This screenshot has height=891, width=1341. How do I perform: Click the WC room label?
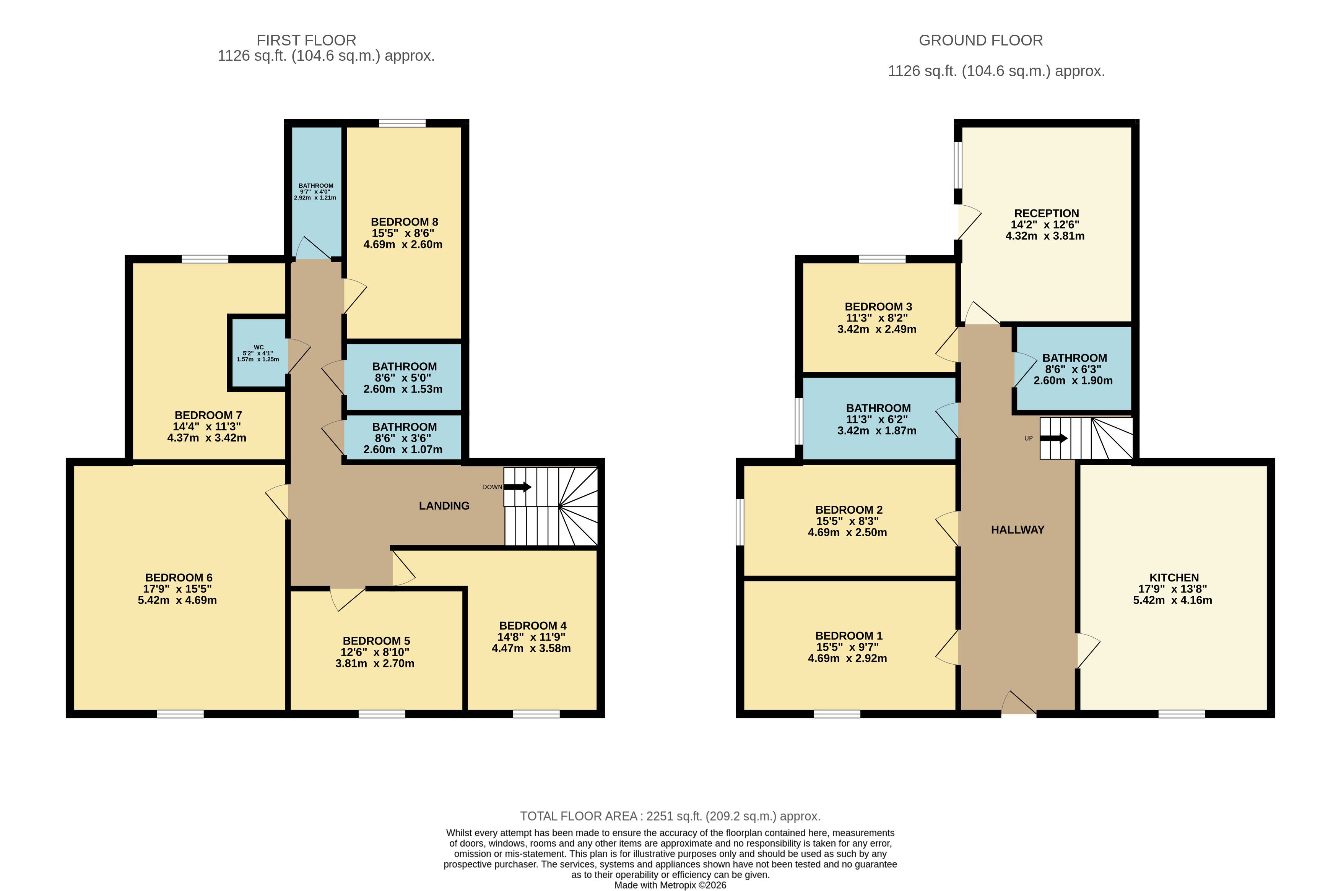(258, 347)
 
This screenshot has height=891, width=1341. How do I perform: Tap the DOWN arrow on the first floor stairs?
(517, 487)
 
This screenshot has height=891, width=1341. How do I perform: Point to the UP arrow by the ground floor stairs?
(1054, 438)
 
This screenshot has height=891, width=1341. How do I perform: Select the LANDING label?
(444, 506)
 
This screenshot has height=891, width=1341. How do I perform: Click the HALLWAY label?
(1018, 530)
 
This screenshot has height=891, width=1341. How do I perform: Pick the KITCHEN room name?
(1174, 577)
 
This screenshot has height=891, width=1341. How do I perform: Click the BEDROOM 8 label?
(404, 222)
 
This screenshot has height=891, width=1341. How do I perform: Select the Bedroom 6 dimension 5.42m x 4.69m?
(177, 600)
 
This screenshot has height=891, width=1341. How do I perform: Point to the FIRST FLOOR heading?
(306, 41)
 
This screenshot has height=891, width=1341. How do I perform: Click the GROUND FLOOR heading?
(980, 41)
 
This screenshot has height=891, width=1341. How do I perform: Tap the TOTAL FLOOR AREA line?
(670, 816)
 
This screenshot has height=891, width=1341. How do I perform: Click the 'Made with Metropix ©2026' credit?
(670, 885)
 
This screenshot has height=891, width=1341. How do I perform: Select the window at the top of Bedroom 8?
(403, 123)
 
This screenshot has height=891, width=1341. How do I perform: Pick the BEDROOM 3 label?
(878, 306)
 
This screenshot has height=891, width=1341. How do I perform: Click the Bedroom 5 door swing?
(347, 599)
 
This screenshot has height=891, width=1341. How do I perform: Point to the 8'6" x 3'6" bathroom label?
(404, 438)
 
